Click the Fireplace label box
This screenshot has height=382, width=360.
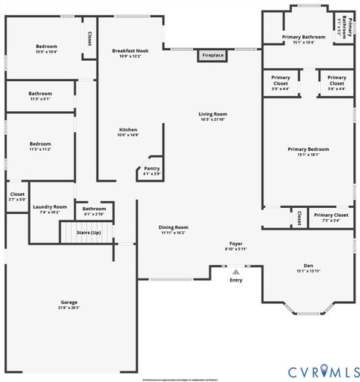[213, 56]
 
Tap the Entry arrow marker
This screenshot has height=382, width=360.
[236, 272]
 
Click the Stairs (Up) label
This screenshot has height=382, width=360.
[88, 233]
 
